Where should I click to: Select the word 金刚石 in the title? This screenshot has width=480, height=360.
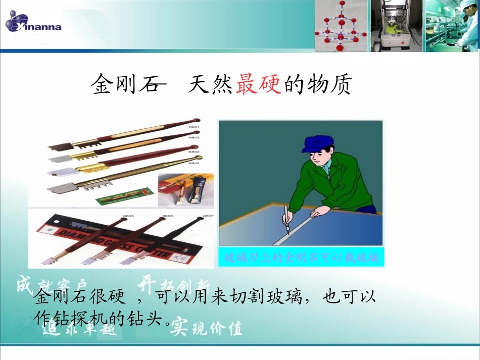124,85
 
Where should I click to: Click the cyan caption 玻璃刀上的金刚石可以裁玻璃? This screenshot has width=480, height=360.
301,258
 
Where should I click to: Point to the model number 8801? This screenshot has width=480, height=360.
195,127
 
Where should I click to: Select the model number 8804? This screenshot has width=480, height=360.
195,163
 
